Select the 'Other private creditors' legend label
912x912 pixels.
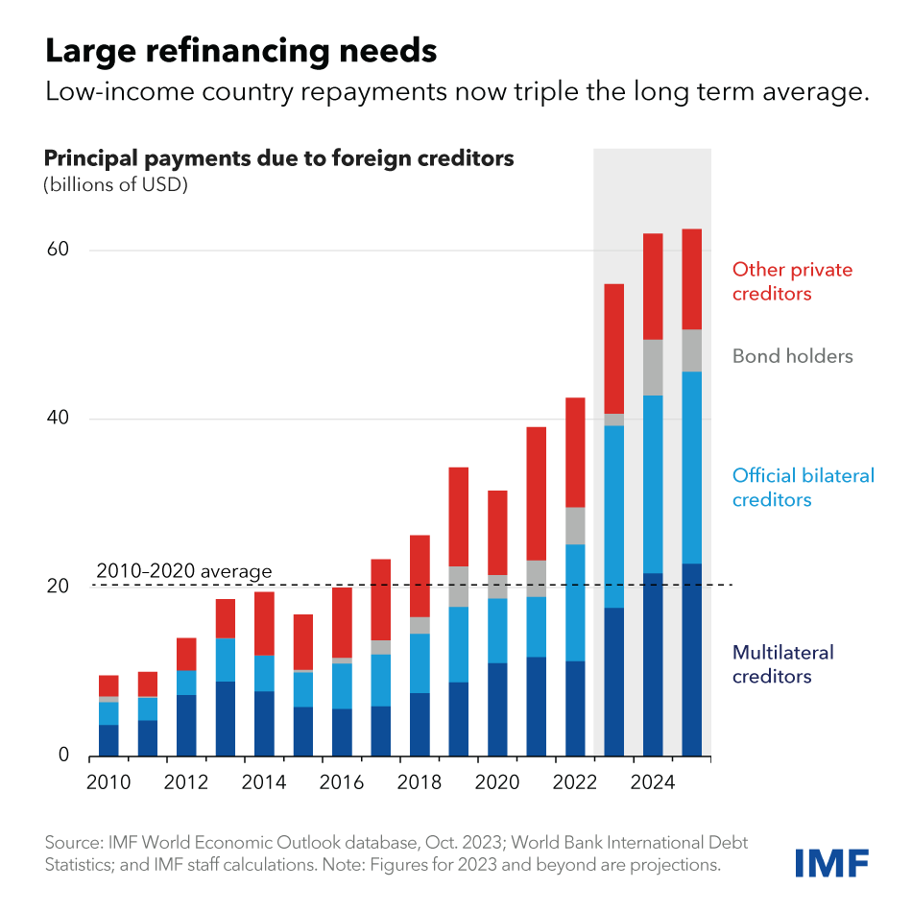(x=792, y=281)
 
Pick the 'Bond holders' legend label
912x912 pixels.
(x=792, y=356)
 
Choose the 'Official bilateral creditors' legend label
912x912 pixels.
(x=803, y=487)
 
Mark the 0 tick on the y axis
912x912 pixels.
(x=63, y=755)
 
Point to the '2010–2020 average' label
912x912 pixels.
(x=184, y=572)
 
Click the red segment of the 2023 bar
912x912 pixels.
(x=613, y=348)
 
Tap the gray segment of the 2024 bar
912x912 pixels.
(x=653, y=367)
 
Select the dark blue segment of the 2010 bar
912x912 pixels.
(x=108, y=739)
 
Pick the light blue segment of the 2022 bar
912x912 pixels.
(x=575, y=602)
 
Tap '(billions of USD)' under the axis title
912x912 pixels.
(x=115, y=184)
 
